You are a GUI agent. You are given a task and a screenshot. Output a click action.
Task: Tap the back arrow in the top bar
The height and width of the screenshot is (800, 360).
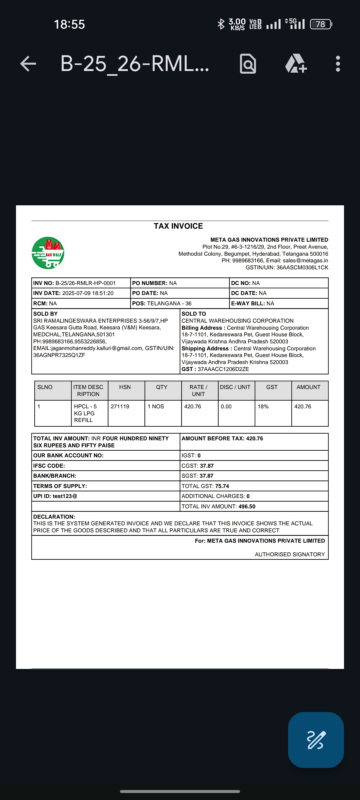(28, 63)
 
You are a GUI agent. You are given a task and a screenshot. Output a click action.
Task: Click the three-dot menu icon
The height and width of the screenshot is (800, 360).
(338, 63)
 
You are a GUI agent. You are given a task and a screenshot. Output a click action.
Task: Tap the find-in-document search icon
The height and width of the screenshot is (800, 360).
(248, 63)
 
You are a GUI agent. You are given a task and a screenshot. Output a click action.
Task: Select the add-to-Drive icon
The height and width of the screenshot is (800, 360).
(296, 63)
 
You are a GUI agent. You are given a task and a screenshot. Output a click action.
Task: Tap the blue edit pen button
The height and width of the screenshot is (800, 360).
(316, 740)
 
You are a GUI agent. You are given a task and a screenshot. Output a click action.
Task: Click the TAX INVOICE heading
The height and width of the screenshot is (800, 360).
(178, 226)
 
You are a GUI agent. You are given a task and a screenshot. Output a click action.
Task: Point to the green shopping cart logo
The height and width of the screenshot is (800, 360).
(48, 253)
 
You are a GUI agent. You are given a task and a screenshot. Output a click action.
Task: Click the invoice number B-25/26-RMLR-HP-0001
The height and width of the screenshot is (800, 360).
(85, 283)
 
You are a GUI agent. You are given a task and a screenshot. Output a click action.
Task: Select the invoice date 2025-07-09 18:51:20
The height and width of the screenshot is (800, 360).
(88, 293)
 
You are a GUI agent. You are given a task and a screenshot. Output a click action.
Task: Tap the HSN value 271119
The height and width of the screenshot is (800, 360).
(120, 406)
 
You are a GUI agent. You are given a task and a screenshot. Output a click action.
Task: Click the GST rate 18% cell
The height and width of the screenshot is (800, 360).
(263, 406)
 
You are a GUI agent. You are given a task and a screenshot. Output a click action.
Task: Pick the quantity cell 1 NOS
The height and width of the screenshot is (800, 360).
(156, 406)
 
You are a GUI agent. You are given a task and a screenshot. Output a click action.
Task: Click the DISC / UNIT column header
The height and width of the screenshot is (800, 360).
(235, 387)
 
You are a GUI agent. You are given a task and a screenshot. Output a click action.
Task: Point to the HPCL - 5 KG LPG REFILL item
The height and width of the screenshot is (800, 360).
(85, 413)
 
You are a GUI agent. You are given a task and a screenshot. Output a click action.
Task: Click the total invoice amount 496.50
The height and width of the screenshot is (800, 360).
(247, 506)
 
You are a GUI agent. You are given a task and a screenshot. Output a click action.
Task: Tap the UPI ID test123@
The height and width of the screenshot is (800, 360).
(65, 496)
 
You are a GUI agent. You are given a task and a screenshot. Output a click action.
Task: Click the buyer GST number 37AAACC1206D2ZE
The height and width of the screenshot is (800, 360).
(223, 369)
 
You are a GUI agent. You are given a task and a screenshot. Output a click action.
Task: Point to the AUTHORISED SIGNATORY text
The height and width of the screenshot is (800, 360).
(290, 554)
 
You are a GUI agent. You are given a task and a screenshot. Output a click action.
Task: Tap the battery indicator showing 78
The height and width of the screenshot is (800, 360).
(320, 24)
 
